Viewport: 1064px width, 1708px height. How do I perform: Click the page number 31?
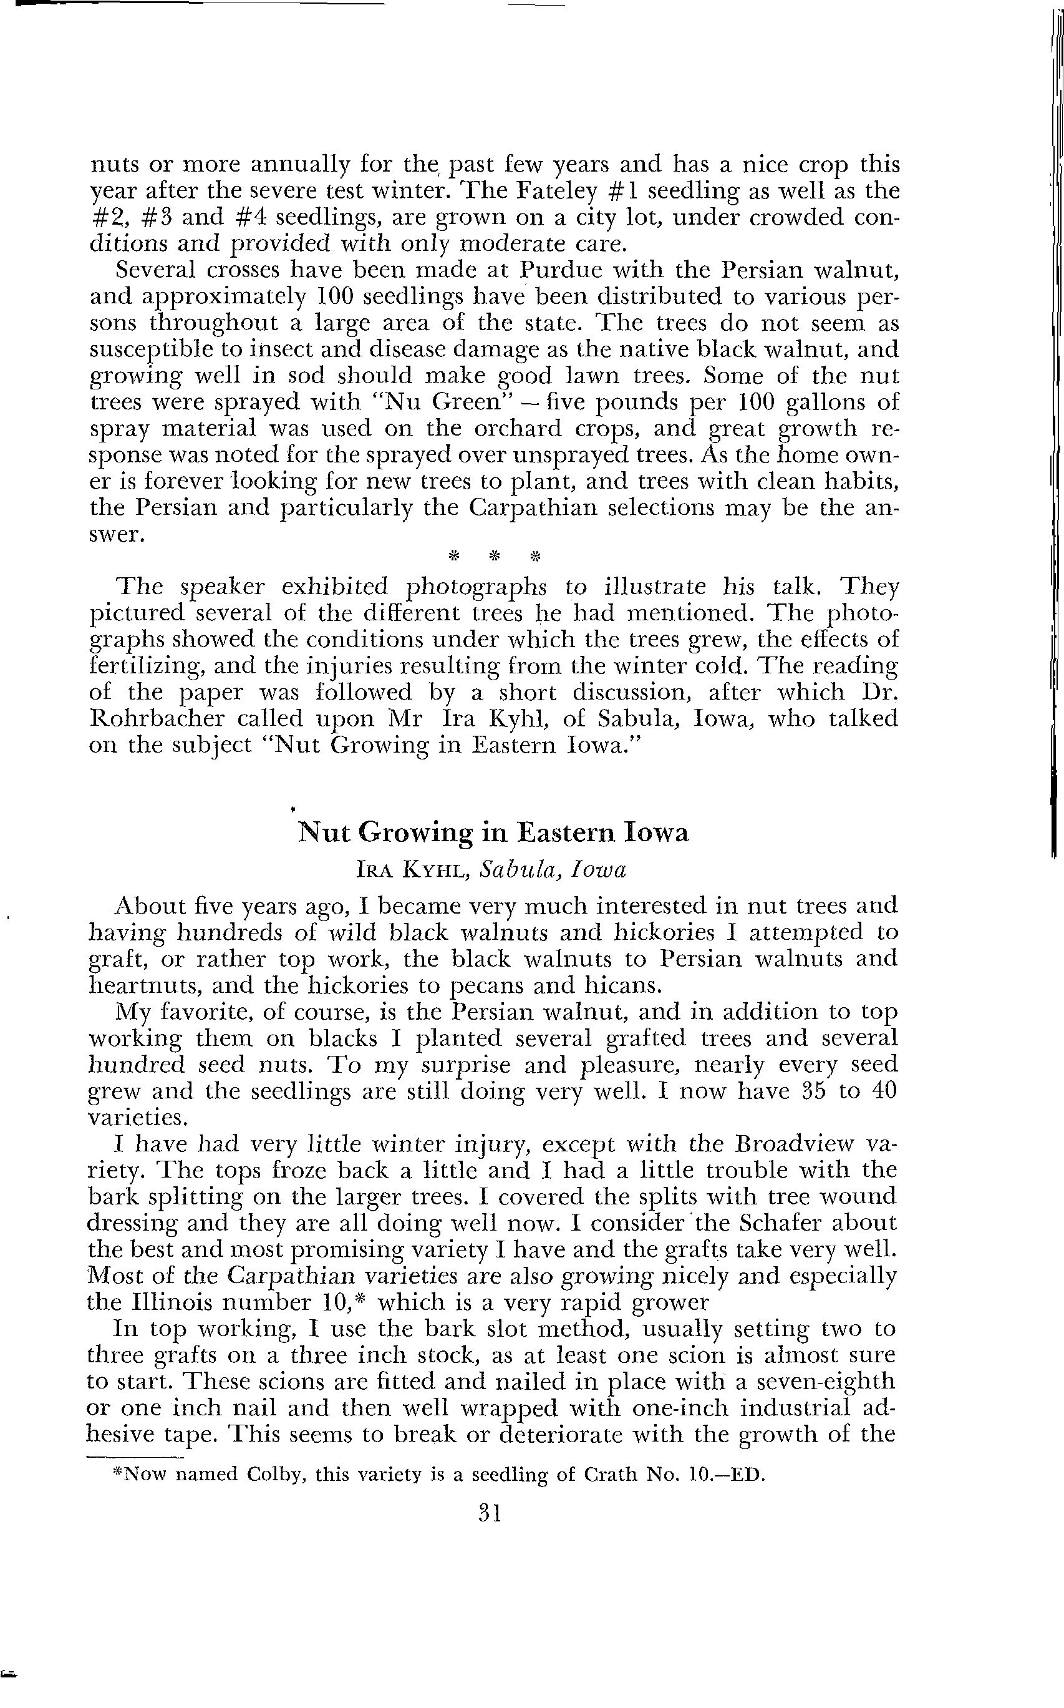[488, 1513]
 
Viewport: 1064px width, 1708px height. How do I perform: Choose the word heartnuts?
[143, 985]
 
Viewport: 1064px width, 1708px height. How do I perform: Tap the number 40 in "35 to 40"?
[883, 1091]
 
